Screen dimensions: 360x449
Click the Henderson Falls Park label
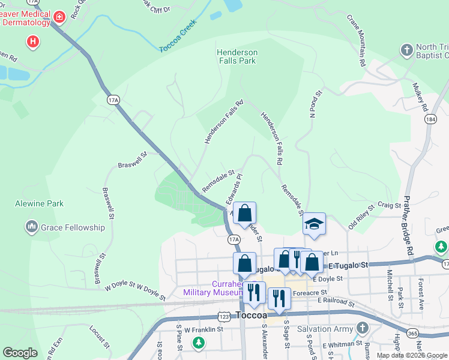[237, 56]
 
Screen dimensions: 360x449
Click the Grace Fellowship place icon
[32, 227]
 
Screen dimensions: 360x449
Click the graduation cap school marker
[314, 223]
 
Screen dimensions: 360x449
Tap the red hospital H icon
[34, 41]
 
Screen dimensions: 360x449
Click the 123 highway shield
[224, 316]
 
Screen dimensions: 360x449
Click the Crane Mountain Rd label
[355, 40]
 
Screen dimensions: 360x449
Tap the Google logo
[20, 353]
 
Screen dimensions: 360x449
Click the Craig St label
[389, 205]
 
